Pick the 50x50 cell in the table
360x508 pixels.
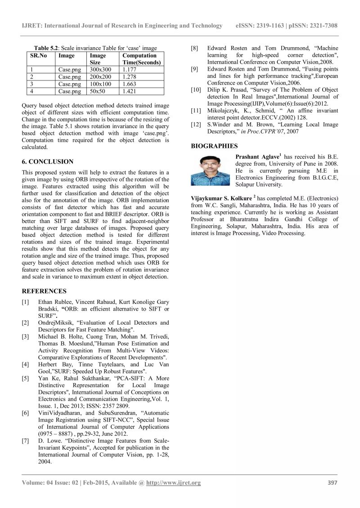[96, 91]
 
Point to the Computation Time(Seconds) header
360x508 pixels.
[141, 59]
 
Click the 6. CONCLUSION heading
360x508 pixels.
[47, 161]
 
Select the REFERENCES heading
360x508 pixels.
[44, 291]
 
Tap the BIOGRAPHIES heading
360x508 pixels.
[214, 146]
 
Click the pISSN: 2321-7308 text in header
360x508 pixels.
[315, 26]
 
